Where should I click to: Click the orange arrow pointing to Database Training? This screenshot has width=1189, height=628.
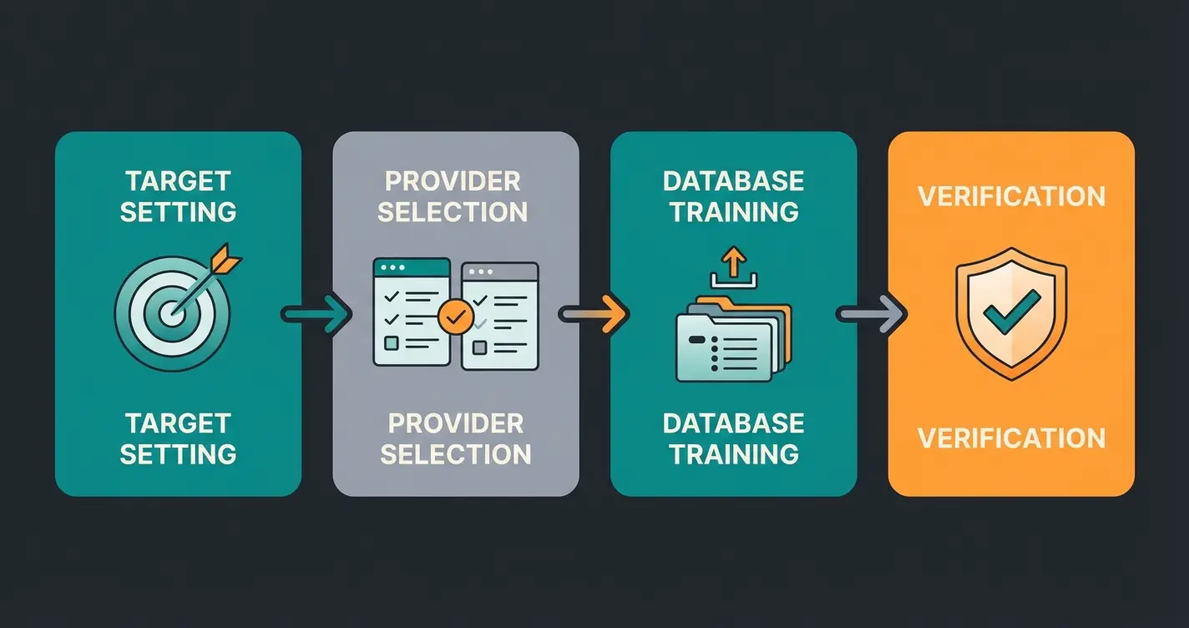[x=594, y=314]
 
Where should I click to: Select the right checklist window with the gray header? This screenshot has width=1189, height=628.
[x=500, y=316]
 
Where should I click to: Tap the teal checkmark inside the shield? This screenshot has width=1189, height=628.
[x=1011, y=311]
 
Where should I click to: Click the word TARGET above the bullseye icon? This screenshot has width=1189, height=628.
[x=178, y=181]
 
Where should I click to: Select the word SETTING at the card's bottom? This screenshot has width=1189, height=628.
[x=178, y=453]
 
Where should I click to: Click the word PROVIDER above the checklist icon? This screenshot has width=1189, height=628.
[x=453, y=181]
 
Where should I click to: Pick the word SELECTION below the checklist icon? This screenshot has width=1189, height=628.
[x=456, y=453]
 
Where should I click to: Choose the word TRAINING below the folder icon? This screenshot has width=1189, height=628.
[x=734, y=453]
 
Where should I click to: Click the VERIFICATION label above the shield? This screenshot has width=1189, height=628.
[x=1011, y=197]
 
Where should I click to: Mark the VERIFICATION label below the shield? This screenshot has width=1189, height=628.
[x=1011, y=438]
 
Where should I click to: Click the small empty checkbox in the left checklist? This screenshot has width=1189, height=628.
[x=390, y=342]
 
